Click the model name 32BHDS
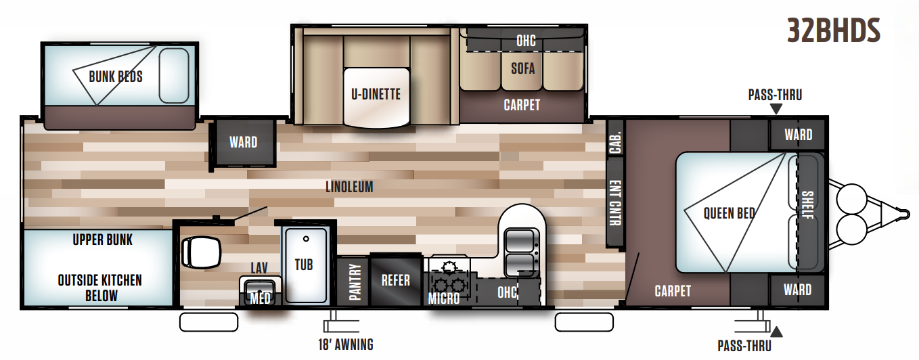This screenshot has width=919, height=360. pyautogui.click(x=833, y=30)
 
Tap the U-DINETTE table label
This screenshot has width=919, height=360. pyautogui.click(x=376, y=94)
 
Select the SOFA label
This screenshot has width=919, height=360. pyautogui.click(x=522, y=68)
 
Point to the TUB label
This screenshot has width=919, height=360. pyautogui.click(x=304, y=264)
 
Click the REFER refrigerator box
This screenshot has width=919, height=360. pyautogui.click(x=396, y=279)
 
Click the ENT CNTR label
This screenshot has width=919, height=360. pyautogui.click(x=615, y=203)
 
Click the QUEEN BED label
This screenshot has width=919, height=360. pyautogui.click(x=729, y=213)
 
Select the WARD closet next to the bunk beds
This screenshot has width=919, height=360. pyautogui.click(x=243, y=142)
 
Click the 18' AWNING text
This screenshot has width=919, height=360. pyautogui.click(x=345, y=344)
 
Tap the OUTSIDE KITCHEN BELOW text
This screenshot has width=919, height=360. pyautogui.click(x=100, y=288)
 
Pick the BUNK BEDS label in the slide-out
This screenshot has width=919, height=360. pyautogui.click(x=116, y=76)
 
